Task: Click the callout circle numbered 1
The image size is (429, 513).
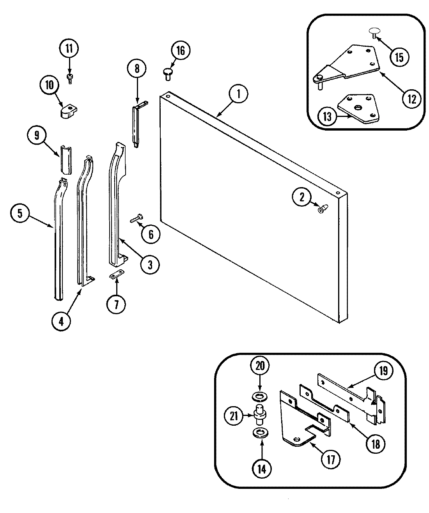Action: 238,94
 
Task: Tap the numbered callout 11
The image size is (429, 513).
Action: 69,49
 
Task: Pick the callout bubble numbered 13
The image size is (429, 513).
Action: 328,116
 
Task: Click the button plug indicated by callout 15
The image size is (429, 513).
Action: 374,32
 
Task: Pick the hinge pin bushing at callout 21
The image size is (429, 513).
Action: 260,414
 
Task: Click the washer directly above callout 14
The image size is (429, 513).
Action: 260,433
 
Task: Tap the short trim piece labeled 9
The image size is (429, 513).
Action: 65,159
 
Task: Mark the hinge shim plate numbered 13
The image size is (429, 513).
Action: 358,108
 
